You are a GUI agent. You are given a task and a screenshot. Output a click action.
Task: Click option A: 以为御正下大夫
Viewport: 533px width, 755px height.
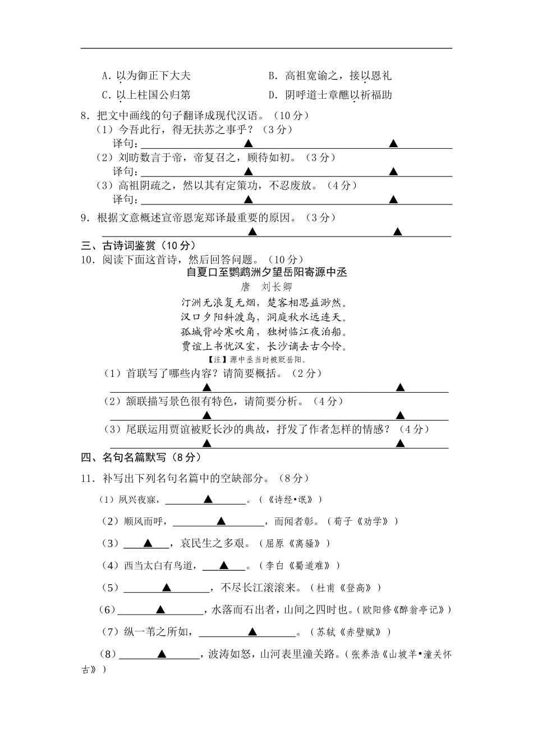(x=147, y=75)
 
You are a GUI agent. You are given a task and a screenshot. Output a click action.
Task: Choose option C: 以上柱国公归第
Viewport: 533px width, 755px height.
(x=147, y=95)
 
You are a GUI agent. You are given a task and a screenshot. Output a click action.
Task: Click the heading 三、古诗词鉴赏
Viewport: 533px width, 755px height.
(x=138, y=245)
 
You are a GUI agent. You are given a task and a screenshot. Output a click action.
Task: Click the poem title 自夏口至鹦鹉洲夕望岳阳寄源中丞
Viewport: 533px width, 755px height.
(x=266, y=272)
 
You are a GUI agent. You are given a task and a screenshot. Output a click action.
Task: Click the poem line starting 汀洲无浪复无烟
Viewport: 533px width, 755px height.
(x=266, y=302)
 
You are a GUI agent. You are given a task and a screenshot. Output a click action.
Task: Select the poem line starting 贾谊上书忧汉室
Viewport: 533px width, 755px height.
(x=266, y=346)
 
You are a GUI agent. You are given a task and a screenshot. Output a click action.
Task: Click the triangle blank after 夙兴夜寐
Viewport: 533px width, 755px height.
(x=208, y=499)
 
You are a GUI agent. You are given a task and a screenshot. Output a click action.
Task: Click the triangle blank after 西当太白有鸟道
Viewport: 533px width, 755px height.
(x=224, y=565)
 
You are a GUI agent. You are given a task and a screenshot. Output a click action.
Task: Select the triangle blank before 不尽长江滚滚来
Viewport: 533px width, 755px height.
(x=166, y=588)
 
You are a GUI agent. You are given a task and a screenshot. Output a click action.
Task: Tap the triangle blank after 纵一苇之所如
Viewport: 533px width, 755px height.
(x=252, y=632)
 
